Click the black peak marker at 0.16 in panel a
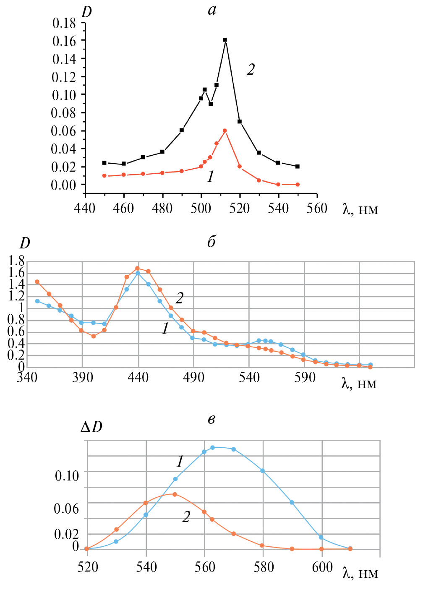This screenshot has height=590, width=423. (x=225, y=40)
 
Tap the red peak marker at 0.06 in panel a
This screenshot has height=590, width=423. (x=225, y=131)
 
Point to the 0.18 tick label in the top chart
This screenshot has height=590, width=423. (x=64, y=23)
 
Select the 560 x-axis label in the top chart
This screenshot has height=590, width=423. (x=317, y=208)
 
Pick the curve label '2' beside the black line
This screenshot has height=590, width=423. (x=251, y=69)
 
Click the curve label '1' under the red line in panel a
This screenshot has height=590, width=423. (x=211, y=177)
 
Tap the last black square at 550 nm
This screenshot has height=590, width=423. (x=298, y=167)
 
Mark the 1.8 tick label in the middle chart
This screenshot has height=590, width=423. (x=16, y=261)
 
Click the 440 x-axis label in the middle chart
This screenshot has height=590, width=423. (x=138, y=377)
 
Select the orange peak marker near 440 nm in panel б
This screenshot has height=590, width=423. (x=137, y=268)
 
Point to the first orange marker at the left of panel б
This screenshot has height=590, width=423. (x=37, y=282)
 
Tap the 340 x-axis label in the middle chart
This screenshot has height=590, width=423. (x=27, y=377)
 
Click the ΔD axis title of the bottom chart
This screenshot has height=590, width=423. (x=91, y=427)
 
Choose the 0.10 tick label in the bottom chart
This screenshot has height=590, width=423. (x=67, y=476)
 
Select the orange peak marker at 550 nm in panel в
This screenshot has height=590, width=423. (x=175, y=494)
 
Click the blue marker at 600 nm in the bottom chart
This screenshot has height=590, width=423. (x=321, y=537)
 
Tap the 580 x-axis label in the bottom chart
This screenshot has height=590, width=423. (x=264, y=567)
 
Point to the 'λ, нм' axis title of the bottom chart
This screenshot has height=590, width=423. (x=360, y=573)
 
